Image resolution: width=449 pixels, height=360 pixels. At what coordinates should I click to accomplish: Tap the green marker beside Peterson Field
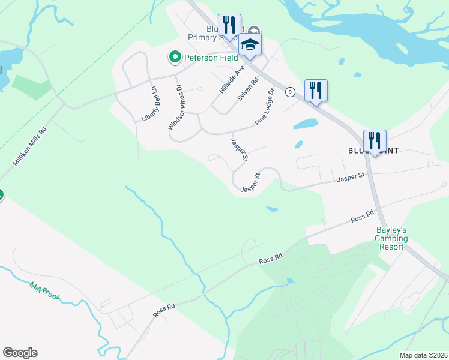pyautogui.click(x=175, y=57)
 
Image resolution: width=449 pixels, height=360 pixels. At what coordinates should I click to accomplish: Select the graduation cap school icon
pyautogui.click(x=250, y=44)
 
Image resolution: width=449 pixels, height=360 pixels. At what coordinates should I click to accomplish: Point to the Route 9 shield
pyautogui.click(x=291, y=92)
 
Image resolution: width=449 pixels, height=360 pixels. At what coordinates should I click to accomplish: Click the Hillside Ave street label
pyautogui.click(x=232, y=79)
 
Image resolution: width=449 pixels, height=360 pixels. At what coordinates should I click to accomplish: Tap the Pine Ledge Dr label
pyautogui.click(x=264, y=107)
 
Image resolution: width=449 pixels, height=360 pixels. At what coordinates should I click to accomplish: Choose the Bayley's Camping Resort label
pyautogui.click(x=391, y=238)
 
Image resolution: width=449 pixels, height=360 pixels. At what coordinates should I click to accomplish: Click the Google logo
pyautogui.click(x=20, y=353)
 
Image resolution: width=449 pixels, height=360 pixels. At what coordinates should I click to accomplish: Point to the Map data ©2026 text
pyautogui.click(x=424, y=355)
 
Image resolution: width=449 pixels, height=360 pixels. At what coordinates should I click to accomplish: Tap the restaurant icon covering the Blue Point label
pyautogui.click(x=375, y=141)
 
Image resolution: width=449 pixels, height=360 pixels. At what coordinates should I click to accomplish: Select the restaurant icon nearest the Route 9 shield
pyautogui.click(x=316, y=91)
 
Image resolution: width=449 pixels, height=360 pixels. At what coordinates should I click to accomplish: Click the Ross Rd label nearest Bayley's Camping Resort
pyautogui.click(x=362, y=216)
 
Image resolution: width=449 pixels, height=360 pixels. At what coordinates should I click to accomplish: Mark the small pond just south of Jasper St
pyautogui.click(x=272, y=209)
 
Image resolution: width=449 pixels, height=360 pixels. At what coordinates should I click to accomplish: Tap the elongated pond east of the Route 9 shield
pyautogui.click(x=305, y=124)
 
